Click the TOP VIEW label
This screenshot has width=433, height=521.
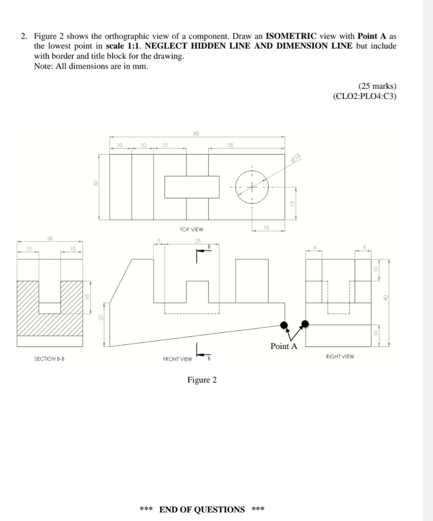pyautogui.click(x=191, y=229)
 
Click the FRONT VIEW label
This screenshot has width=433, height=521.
pyautogui.click(x=177, y=359)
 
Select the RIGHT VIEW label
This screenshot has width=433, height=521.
pyautogui.click(x=340, y=357)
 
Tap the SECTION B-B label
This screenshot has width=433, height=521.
pyautogui.click(x=49, y=359)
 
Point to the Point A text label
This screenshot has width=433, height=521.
pyautogui.click(x=284, y=346)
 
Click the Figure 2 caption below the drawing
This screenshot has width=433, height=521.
pyautogui.click(x=202, y=380)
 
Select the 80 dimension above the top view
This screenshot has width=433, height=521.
pyautogui.click(x=196, y=133)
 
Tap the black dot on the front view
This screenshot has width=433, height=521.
pyautogui.click(x=284, y=325)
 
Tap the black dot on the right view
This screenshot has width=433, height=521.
pyautogui.click(x=305, y=324)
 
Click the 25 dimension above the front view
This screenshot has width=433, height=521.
pyautogui.click(x=198, y=241)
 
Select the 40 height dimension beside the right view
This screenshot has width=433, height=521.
pyautogui.click(x=386, y=298)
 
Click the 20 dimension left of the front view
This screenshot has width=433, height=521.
pyautogui.click(x=101, y=317)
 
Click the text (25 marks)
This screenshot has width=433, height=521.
pyautogui.click(x=377, y=86)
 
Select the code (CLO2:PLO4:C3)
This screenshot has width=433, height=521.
pyautogui.click(x=364, y=96)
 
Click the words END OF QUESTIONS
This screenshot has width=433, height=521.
pyautogui.click(x=202, y=509)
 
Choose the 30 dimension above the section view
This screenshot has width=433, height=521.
pyautogui.click(x=49, y=238)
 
